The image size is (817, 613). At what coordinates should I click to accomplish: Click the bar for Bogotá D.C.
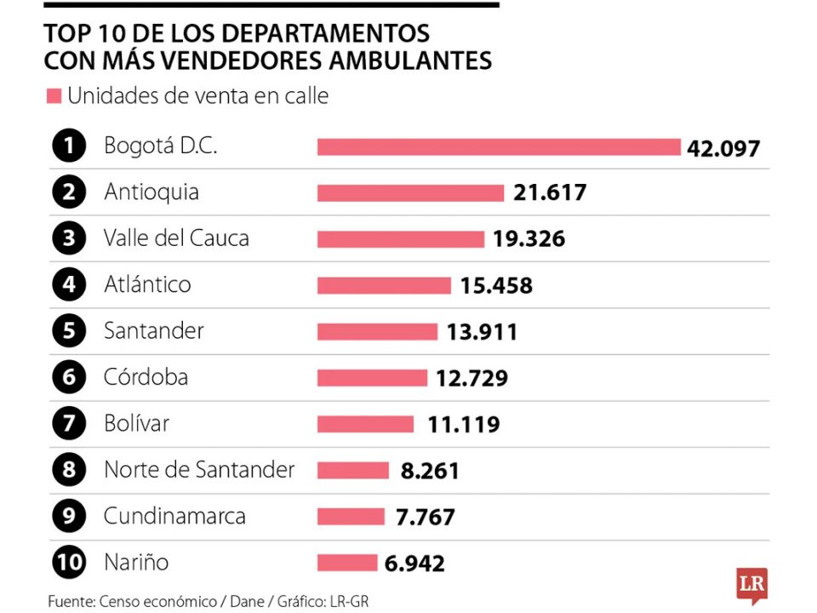coord(499,147)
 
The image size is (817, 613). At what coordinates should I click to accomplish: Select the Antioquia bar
coord(410,193)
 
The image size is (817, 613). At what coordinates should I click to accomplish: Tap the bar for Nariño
coord(346,563)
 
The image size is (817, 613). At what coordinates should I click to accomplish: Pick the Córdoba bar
coord(372,377)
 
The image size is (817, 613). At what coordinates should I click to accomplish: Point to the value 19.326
coord(528,239)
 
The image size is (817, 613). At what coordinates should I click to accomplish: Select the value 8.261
coord(429,470)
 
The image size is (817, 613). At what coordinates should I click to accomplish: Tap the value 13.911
coord(482,332)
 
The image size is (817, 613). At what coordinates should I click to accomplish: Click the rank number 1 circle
coord(68,146)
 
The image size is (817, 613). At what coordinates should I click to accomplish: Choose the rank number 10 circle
coord(68,562)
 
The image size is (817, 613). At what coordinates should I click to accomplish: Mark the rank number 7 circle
coord(68,424)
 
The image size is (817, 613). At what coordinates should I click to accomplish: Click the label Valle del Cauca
coord(176,238)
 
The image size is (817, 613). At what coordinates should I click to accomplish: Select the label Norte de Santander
coord(199,469)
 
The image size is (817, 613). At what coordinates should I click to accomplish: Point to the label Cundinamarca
coord(174,516)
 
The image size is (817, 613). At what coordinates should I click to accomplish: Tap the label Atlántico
coord(147,284)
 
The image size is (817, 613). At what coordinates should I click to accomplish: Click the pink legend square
coord(53,96)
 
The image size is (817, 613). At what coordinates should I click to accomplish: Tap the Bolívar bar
coord(365,424)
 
